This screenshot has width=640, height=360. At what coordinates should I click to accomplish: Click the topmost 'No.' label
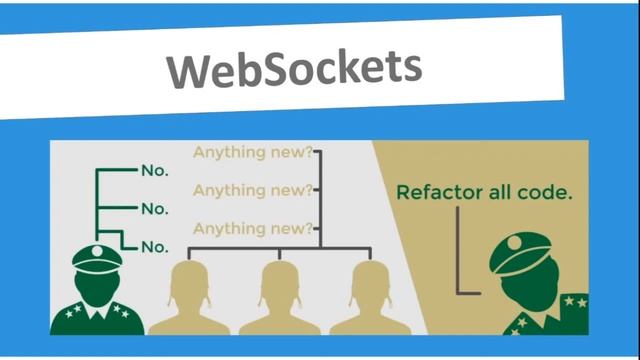(154, 171)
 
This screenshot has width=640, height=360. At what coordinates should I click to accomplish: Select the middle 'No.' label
(154, 209)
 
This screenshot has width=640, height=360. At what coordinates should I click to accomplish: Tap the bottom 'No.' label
(154, 246)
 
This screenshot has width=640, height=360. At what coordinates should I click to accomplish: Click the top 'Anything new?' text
(252, 153)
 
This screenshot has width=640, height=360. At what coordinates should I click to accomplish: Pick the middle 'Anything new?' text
(252, 190)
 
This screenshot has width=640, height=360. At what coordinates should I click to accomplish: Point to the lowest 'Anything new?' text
(252, 227)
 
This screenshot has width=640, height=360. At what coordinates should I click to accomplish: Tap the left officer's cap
(97, 256)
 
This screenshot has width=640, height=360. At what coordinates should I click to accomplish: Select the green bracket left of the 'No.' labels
(98, 205)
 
